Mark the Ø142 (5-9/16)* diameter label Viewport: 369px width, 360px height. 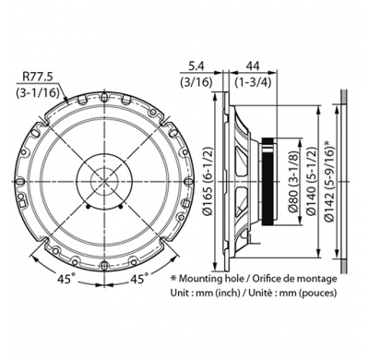(329, 176)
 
